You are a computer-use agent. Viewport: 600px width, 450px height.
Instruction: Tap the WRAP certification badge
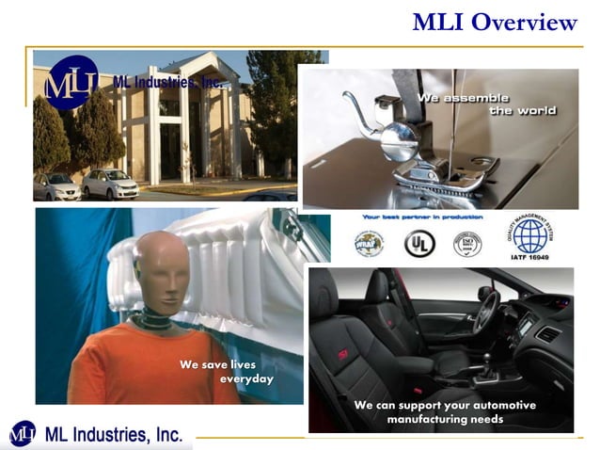point(369,243)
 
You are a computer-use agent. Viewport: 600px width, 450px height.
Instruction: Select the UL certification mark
point(418,243)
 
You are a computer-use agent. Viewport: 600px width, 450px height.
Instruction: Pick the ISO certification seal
point(467,244)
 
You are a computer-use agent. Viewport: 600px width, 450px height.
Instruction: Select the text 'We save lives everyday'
point(226,371)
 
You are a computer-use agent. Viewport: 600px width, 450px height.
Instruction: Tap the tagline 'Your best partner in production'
point(423,217)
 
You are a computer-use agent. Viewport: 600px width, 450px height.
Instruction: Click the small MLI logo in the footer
point(22,434)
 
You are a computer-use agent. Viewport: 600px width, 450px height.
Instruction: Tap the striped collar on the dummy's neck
point(154,321)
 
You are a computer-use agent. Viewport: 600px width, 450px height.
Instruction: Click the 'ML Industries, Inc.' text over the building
point(168,83)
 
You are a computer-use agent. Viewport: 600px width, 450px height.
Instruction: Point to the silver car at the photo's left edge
point(55,185)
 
